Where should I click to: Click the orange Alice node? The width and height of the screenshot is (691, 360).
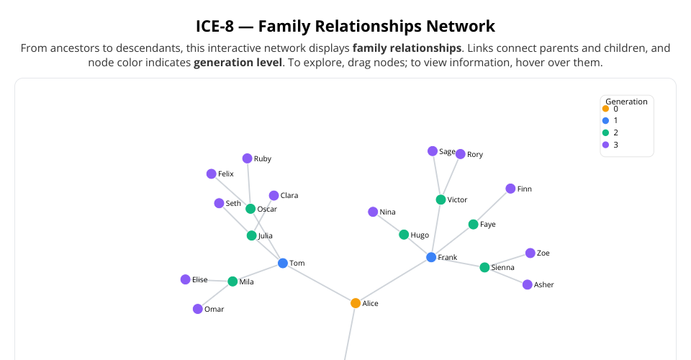[356, 303]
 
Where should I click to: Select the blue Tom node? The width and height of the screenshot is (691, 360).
[283, 264]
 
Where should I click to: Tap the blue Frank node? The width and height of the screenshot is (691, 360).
[431, 257]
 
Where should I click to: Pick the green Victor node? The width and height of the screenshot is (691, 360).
[441, 199]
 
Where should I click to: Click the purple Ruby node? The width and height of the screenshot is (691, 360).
[247, 158]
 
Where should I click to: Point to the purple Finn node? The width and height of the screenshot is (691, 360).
[510, 189]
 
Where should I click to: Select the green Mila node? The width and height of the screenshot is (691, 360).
[232, 282]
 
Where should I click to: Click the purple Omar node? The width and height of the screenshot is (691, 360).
[198, 309]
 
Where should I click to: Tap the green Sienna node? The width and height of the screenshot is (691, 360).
[484, 267]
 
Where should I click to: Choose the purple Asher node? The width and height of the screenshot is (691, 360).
[528, 284]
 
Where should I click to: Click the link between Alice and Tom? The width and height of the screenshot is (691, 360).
[319, 283]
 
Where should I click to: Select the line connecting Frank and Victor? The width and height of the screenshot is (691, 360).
[436, 228]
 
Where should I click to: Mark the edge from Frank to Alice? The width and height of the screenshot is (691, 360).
[393, 280]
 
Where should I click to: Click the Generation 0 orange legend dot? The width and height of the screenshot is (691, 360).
[605, 109]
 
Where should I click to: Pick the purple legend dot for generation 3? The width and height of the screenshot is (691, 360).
[605, 145]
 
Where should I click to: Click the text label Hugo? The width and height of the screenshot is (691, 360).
[420, 235]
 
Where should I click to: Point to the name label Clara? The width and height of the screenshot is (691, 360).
[289, 196]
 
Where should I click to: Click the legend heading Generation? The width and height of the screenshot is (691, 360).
[626, 102]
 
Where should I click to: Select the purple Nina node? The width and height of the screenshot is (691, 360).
[373, 212]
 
